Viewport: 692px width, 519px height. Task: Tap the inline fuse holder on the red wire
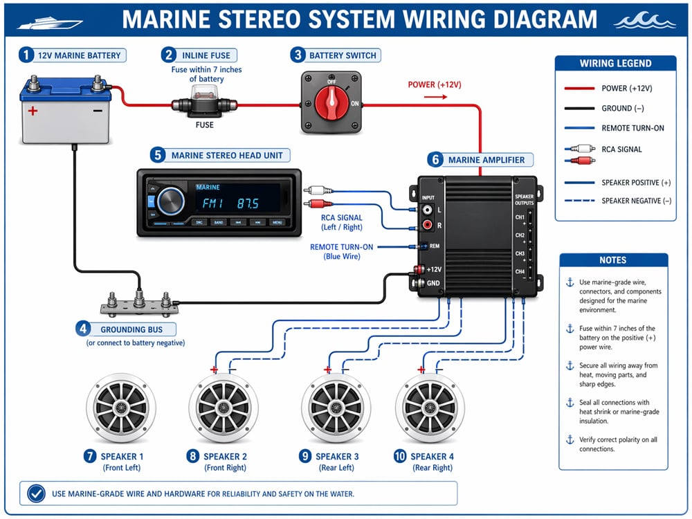point(205,106)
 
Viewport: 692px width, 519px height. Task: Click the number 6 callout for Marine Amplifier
point(435,160)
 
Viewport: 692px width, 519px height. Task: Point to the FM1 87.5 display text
point(230,203)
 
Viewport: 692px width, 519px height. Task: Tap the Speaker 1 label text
point(122,457)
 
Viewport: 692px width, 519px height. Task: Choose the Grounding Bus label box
point(128,330)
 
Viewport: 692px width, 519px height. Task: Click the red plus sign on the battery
point(32,111)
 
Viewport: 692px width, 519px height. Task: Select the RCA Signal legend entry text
point(621,149)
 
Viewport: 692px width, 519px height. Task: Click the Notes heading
point(613,260)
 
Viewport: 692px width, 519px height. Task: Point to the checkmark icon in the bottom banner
point(36,493)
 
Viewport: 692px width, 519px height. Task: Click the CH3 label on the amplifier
point(520,254)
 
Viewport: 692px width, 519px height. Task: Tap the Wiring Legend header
point(615,63)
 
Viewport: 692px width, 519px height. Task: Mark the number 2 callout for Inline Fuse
point(168,55)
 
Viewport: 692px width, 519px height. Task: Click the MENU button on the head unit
point(277,223)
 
